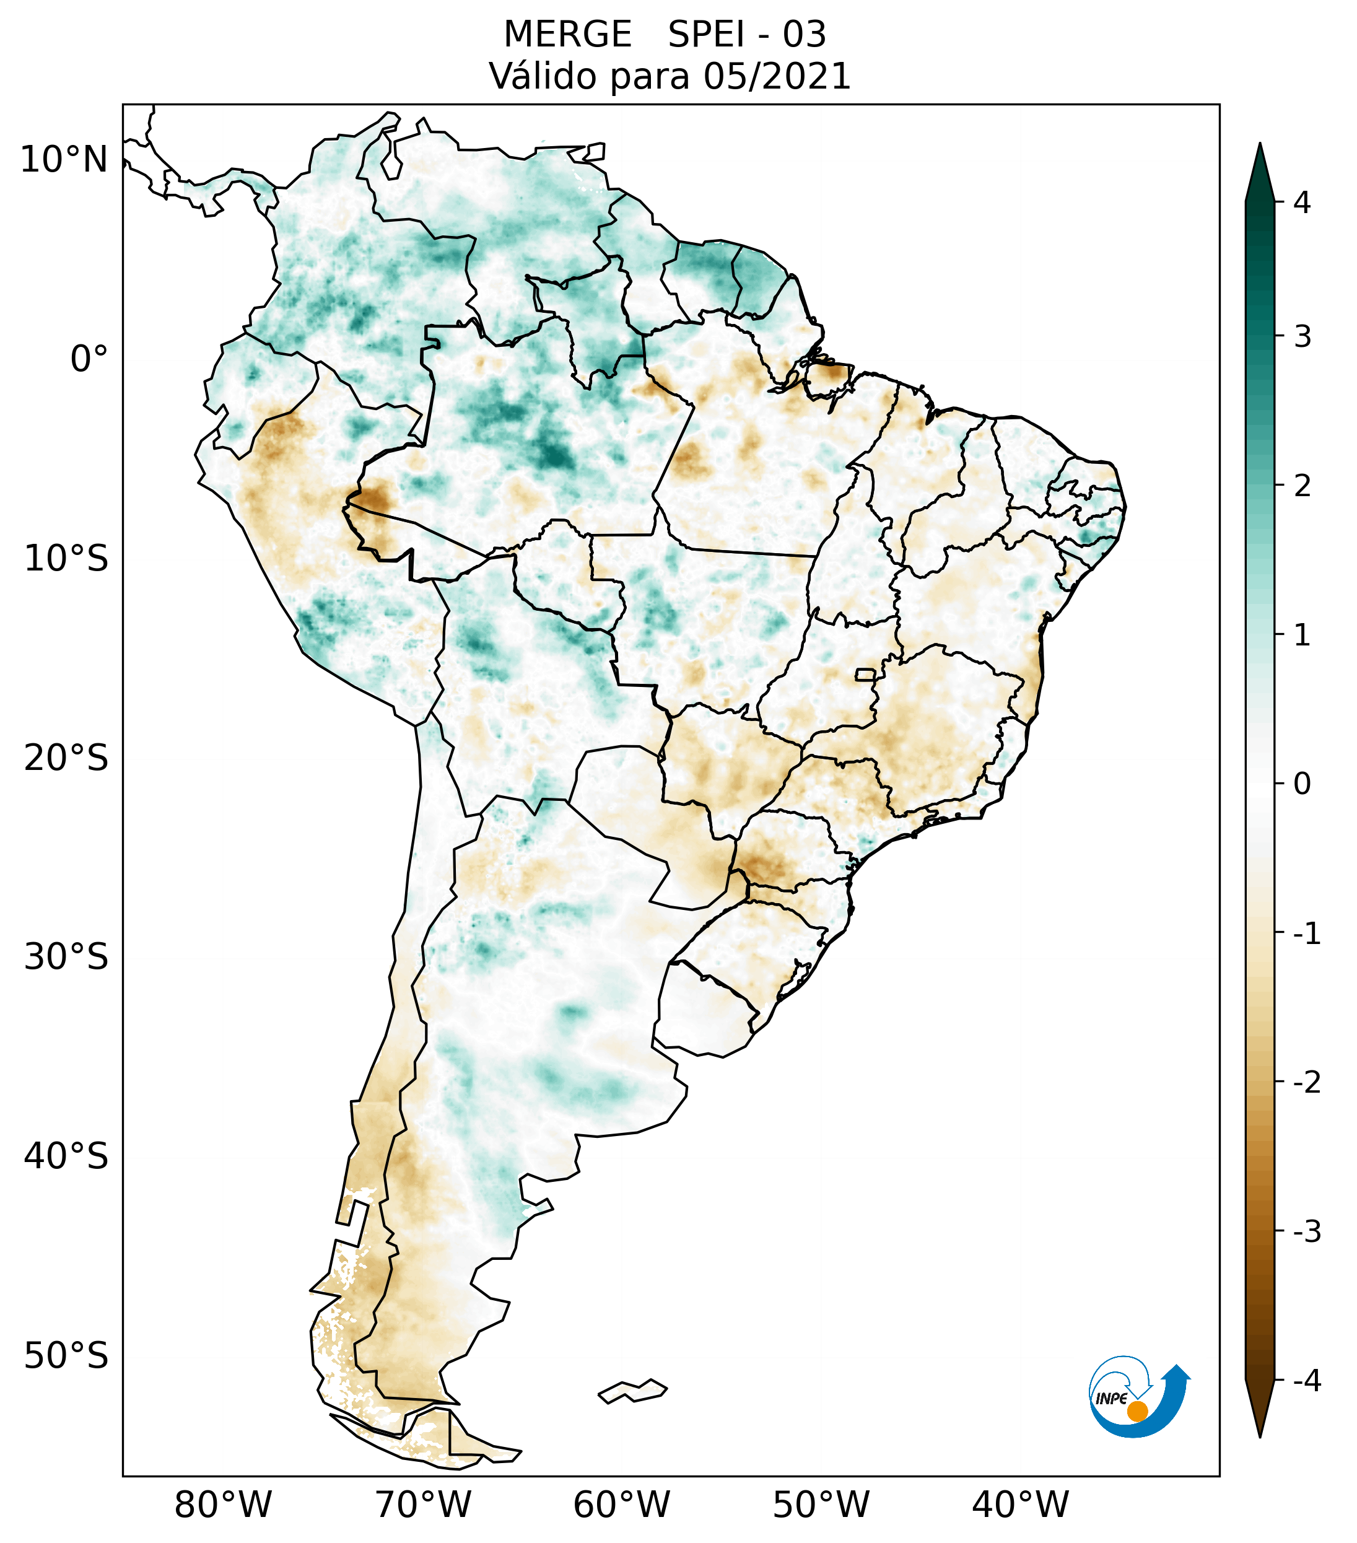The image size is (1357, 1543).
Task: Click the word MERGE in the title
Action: pyautogui.click(x=567, y=35)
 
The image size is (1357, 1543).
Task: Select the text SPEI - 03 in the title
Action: pyautogui.click(x=747, y=35)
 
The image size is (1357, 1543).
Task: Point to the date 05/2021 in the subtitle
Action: pyautogui.click(x=777, y=76)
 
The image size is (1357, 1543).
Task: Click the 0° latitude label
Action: pyautogui.click(x=89, y=359)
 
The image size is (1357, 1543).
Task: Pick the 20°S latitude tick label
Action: pyautogui.click(x=66, y=758)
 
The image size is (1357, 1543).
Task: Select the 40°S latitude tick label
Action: pyautogui.click(x=66, y=1156)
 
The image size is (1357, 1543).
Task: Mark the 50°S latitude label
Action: pyautogui.click(x=66, y=1356)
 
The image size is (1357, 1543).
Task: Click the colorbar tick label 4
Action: pyautogui.click(x=1302, y=203)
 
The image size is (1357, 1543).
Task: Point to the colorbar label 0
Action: pyautogui.click(x=1302, y=784)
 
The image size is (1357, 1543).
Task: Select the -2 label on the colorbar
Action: pyautogui.click(x=1306, y=1083)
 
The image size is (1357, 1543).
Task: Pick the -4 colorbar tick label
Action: pyautogui.click(x=1306, y=1381)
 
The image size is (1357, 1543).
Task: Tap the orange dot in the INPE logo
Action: pyautogui.click(x=1137, y=1410)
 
